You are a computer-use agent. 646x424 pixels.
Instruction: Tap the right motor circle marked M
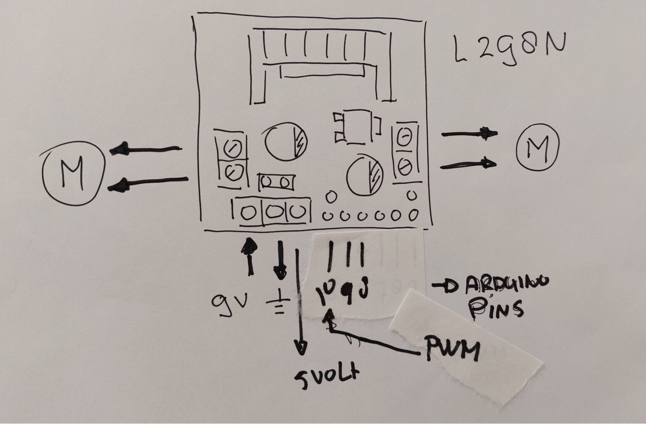pos(538,147)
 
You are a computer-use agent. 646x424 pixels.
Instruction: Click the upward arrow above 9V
pos(250,255)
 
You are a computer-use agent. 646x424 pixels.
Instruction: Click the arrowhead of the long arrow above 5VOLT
pos(301,347)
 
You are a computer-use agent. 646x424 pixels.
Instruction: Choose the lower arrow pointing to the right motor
pos(469,164)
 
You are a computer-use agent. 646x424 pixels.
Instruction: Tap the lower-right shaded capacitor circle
pos(365,176)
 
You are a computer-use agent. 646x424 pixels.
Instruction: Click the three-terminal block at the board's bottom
pos(272,212)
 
